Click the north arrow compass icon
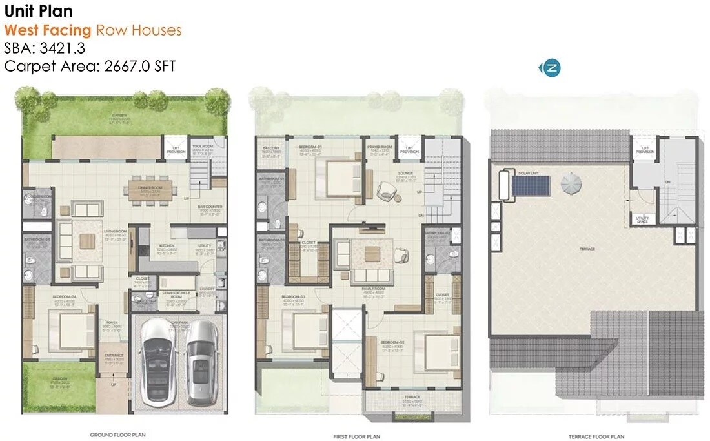click(551, 67)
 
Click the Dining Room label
click(150, 188)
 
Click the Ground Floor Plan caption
click(119, 435)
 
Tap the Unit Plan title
click(38, 11)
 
